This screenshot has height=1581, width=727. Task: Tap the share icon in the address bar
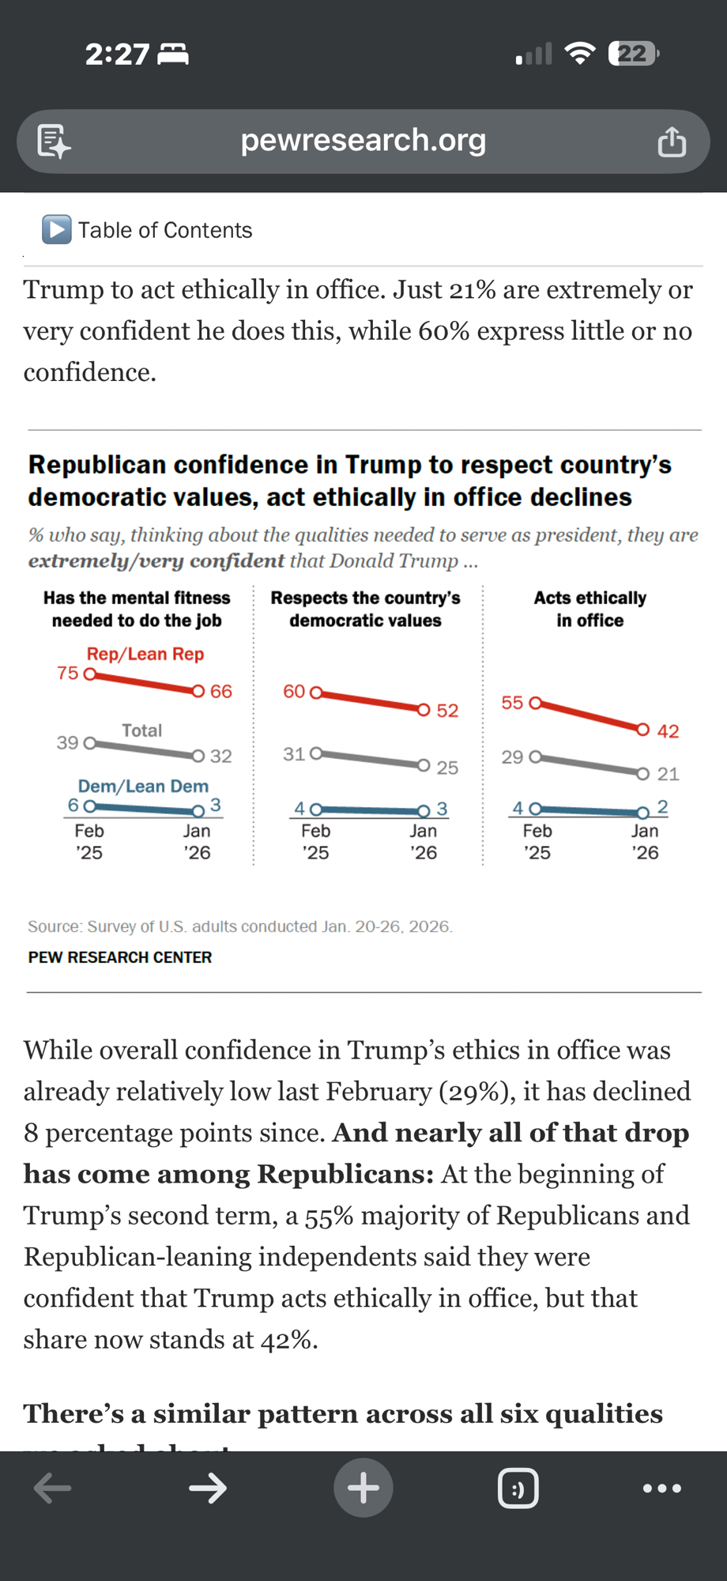pos(672,142)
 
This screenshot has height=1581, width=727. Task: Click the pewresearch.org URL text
pos(363,141)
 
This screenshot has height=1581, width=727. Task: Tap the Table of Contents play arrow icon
pos(57,230)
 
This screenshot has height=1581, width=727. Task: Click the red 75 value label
pos(68,674)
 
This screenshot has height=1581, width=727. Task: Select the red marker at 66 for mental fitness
pos(198,691)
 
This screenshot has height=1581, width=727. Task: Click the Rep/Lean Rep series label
pos(145,655)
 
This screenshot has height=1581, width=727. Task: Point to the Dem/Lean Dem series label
pos(143,787)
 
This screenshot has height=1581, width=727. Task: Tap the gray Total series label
pos(142,730)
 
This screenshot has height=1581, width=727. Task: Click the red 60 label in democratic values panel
pos(294,692)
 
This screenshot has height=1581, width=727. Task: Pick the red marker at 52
pos(424,709)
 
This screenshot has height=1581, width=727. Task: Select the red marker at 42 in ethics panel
pos(643,729)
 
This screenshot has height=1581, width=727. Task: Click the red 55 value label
pos(512,703)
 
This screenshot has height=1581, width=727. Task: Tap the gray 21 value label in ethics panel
pos(669,774)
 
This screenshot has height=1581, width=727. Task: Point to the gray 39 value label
pos(68,743)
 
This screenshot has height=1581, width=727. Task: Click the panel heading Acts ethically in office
pos(590,609)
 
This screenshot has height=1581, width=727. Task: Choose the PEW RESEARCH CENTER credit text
pos(120,957)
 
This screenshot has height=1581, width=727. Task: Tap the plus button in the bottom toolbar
pos(363,1488)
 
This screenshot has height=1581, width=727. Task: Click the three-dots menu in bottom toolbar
pos(662,1489)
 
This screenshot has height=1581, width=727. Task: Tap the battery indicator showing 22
pos(633,54)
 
